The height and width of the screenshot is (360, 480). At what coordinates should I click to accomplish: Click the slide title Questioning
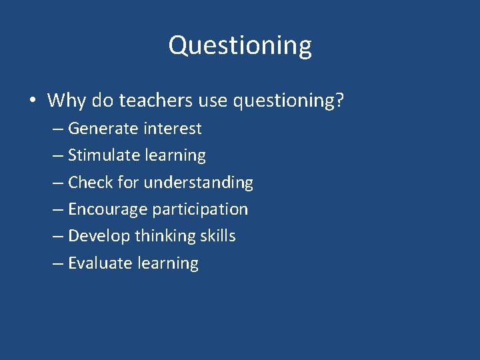(x=240, y=46)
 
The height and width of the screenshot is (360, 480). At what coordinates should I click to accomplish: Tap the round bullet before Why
(x=33, y=101)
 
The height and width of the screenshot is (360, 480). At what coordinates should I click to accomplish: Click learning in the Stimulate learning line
(x=175, y=156)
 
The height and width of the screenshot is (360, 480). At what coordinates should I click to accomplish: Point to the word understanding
(x=199, y=183)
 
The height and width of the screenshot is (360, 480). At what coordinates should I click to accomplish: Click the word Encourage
(x=107, y=209)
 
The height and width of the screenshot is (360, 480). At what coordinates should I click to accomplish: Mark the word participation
(x=200, y=209)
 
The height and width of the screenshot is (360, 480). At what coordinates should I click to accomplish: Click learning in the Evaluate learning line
(x=167, y=263)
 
